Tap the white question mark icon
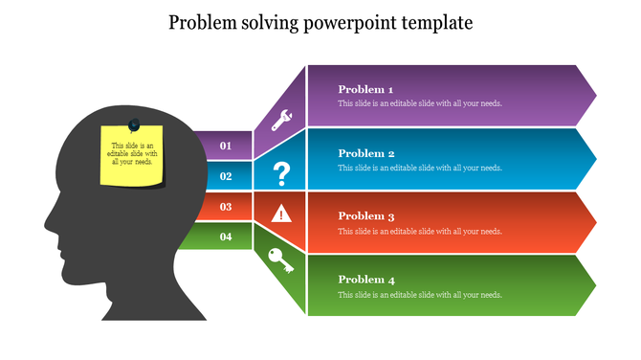pos(281,173)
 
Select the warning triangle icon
pos(281,214)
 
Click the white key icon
pos(281,260)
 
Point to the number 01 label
pos(226,146)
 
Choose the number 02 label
pos(226,176)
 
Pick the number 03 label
pos(226,207)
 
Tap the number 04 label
pos(226,236)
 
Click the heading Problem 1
pos(365,90)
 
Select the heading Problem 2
pos(365,153)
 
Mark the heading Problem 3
pos(365,216)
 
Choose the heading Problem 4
pos(365,280)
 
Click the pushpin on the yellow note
pos(134,124)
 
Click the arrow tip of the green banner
pos(594,285)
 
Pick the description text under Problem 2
pos(419,169)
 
